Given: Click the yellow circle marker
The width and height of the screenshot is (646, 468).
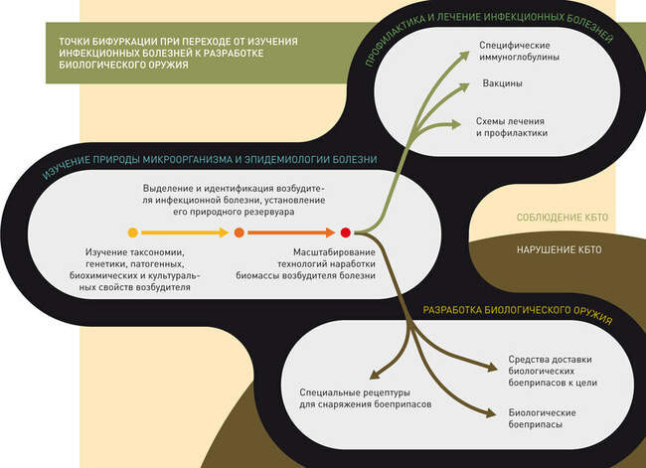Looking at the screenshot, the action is [x=132, y=233].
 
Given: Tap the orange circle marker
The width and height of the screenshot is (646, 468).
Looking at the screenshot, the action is [x=239, y=233].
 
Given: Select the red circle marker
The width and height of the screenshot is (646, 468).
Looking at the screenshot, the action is [x=346, y=233].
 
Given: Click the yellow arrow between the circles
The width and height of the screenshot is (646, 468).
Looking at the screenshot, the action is [x=185, y=233].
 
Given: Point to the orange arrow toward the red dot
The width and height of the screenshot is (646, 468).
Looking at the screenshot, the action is [x=291, y=233].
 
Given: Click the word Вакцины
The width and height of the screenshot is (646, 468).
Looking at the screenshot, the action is [x=503, y=83].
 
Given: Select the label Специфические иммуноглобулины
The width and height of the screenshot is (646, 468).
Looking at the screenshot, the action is [x=519, y=51].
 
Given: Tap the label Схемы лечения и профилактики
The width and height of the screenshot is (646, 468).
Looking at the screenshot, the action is [x=512, y=127].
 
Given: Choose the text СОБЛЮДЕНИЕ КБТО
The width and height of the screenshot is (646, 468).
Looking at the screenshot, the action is [x=563, y=218].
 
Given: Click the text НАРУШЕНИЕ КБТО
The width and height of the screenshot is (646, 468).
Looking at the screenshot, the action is [x=560, y=249].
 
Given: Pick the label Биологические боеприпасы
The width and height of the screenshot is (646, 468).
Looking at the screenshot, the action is [x=542, y=418].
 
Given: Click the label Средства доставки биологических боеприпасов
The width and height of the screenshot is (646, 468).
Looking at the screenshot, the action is [x=553, y=371].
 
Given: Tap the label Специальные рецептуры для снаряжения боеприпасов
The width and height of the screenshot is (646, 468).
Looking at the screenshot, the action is [x=366, y=398].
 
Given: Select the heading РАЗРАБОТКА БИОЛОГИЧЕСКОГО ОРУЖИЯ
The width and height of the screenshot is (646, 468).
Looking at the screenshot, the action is [x=518, y=314].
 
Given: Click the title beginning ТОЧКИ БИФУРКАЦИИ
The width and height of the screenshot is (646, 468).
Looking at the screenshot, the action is [x=178, y=53].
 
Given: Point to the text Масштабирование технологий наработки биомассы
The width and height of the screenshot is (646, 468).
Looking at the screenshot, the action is [x=306, y=263].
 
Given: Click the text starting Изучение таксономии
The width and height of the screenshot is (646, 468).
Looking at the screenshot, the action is [x=135, y=269].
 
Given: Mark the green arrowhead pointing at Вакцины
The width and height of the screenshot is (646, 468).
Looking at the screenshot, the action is [x=464, y=87].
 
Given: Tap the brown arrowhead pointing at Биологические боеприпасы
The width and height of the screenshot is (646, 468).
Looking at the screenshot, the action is [x=492, y=413].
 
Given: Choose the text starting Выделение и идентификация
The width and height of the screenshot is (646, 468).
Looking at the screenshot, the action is [x=234, y=200].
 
